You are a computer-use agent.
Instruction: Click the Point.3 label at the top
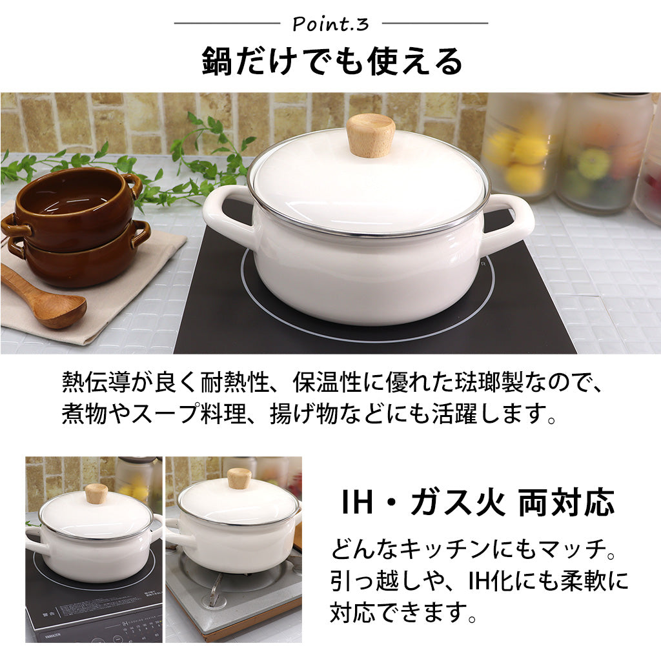(x=330, y=24)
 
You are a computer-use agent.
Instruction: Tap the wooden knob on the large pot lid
(x=370, y=135)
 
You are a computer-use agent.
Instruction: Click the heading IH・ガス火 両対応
(x=478, y=502)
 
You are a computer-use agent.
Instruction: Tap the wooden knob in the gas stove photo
(x=239, y=478)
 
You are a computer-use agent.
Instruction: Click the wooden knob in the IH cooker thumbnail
(x=96, y=493)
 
